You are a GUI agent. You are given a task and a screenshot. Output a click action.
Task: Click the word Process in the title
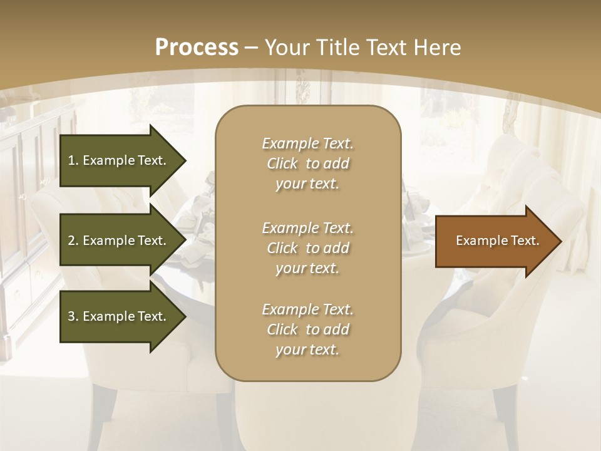coord(197,48)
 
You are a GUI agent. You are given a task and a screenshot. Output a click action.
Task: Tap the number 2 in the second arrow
coord(71,241)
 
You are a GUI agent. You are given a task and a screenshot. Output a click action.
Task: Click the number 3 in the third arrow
coord(71,316)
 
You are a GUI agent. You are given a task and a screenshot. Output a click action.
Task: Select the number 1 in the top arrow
coord(71,160)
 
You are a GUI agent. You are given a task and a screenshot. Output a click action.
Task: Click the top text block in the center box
coord(307,163)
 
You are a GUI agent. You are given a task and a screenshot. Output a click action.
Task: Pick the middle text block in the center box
coord(307,248)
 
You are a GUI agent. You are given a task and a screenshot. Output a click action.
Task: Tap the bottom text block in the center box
coord(307,329)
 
